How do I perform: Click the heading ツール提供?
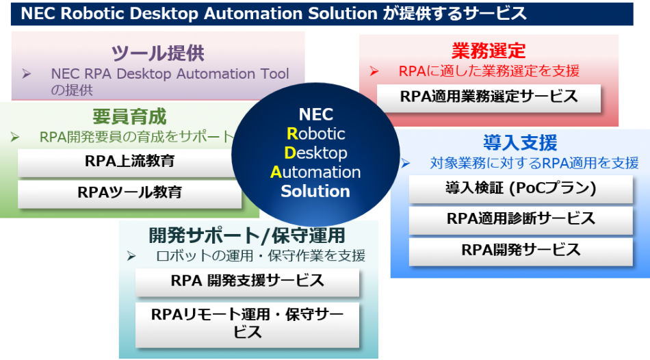[x=158, y=53]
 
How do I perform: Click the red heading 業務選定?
[x=489, y=51]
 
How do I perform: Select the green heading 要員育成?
[x=129, y=116]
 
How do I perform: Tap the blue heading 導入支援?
[x=520, y=142]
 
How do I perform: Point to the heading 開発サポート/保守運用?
[x=247, y=235]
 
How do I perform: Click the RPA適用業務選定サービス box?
[x=489, y=97]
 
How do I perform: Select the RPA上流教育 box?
[x=129, y=162]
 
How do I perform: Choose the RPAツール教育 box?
[x=129, y=192]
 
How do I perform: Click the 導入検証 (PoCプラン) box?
[x=521, y=188]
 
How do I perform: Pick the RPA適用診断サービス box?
[x=521, y=218]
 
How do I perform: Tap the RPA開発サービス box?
[x=521, y=250]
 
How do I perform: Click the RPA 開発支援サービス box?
[x=247, y=281]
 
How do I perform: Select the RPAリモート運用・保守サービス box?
[x=247, y=323]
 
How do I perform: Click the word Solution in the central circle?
[x=315, y=191]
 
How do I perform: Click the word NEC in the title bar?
[x=38, y=13]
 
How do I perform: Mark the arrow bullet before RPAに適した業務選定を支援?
[x=374, y=71]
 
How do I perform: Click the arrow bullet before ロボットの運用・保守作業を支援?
[x=132, y=255]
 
